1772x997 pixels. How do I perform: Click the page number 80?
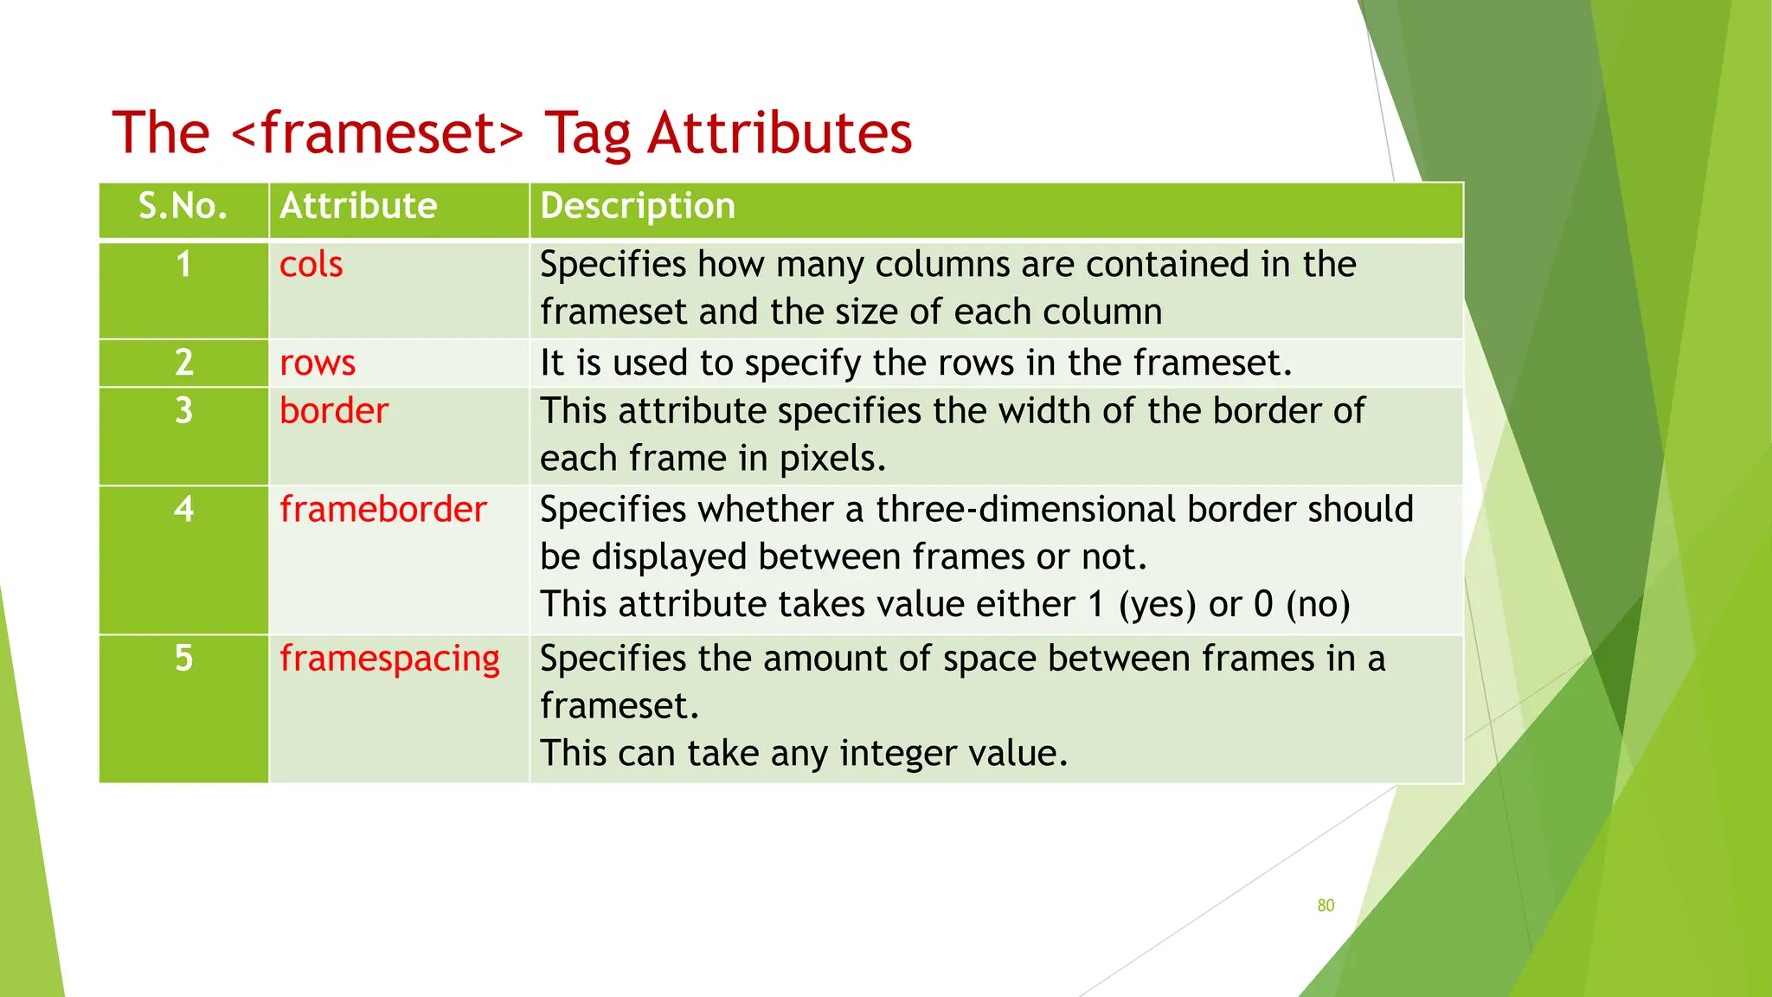[1326, 905]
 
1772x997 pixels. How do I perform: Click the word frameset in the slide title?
[378, 134]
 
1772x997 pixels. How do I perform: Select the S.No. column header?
[183, 206]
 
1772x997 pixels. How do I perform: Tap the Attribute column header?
[358, 206]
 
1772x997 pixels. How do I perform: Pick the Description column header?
[638, 206]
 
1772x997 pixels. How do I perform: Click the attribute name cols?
[311, 265]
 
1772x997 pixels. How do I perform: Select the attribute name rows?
[317, 363]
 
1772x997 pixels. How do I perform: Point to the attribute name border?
[334, 411]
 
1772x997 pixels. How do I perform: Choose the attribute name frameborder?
[382, 510]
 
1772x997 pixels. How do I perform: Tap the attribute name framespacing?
[389, 659]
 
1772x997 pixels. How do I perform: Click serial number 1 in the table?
[183, 265]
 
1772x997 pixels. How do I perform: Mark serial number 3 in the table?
[183, 411]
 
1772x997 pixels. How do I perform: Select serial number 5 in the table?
[183, 659]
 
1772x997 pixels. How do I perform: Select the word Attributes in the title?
[780, 134]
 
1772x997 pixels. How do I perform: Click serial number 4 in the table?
[183, 510]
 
